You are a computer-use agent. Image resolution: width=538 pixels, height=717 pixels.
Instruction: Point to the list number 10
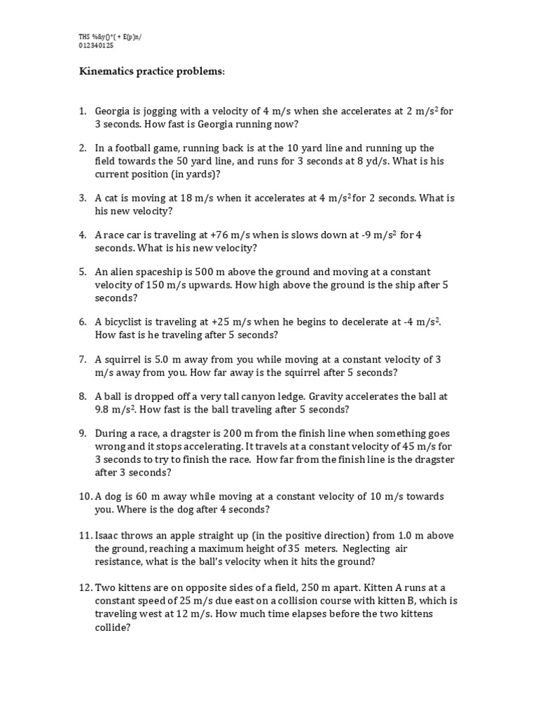pyautogui.click(x=84, y=496)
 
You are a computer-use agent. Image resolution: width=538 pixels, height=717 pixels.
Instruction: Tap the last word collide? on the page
pyautogui.click(x=113, y=628)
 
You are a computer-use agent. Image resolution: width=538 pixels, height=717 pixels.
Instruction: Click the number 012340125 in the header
pyautogui.click(x=96, y=46)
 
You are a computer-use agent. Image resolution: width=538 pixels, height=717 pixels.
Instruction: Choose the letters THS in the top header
pyautogui.click(x=85, y=36)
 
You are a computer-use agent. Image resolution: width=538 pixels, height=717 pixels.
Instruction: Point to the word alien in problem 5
pyautogui.click(x=122, y=272)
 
